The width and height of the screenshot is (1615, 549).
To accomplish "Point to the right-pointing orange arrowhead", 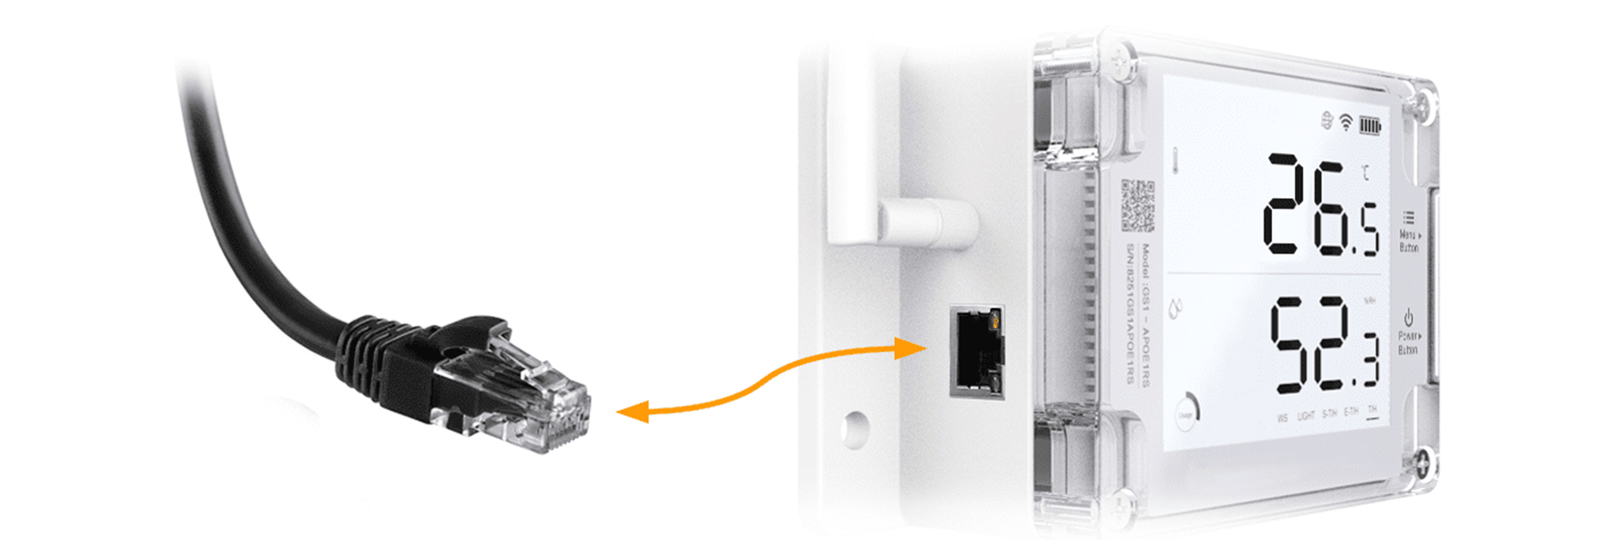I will point(911,348).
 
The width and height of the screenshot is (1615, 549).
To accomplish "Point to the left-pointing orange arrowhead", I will point(634,412).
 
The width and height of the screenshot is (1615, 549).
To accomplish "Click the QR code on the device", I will point(1138,205).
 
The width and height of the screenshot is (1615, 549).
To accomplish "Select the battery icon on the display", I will point(1369,126).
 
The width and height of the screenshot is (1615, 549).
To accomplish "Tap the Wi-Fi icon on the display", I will point(1346,122).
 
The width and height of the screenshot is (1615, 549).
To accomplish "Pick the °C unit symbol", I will point(1365,173).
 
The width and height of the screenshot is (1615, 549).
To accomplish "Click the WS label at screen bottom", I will point(1282,417).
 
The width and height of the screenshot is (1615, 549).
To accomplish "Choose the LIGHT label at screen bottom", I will point(1306,416).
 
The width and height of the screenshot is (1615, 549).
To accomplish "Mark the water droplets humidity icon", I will point(1175,308).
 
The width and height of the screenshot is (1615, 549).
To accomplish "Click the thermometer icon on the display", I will point(1175,159).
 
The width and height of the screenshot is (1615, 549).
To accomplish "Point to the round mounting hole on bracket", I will point(854,427).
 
